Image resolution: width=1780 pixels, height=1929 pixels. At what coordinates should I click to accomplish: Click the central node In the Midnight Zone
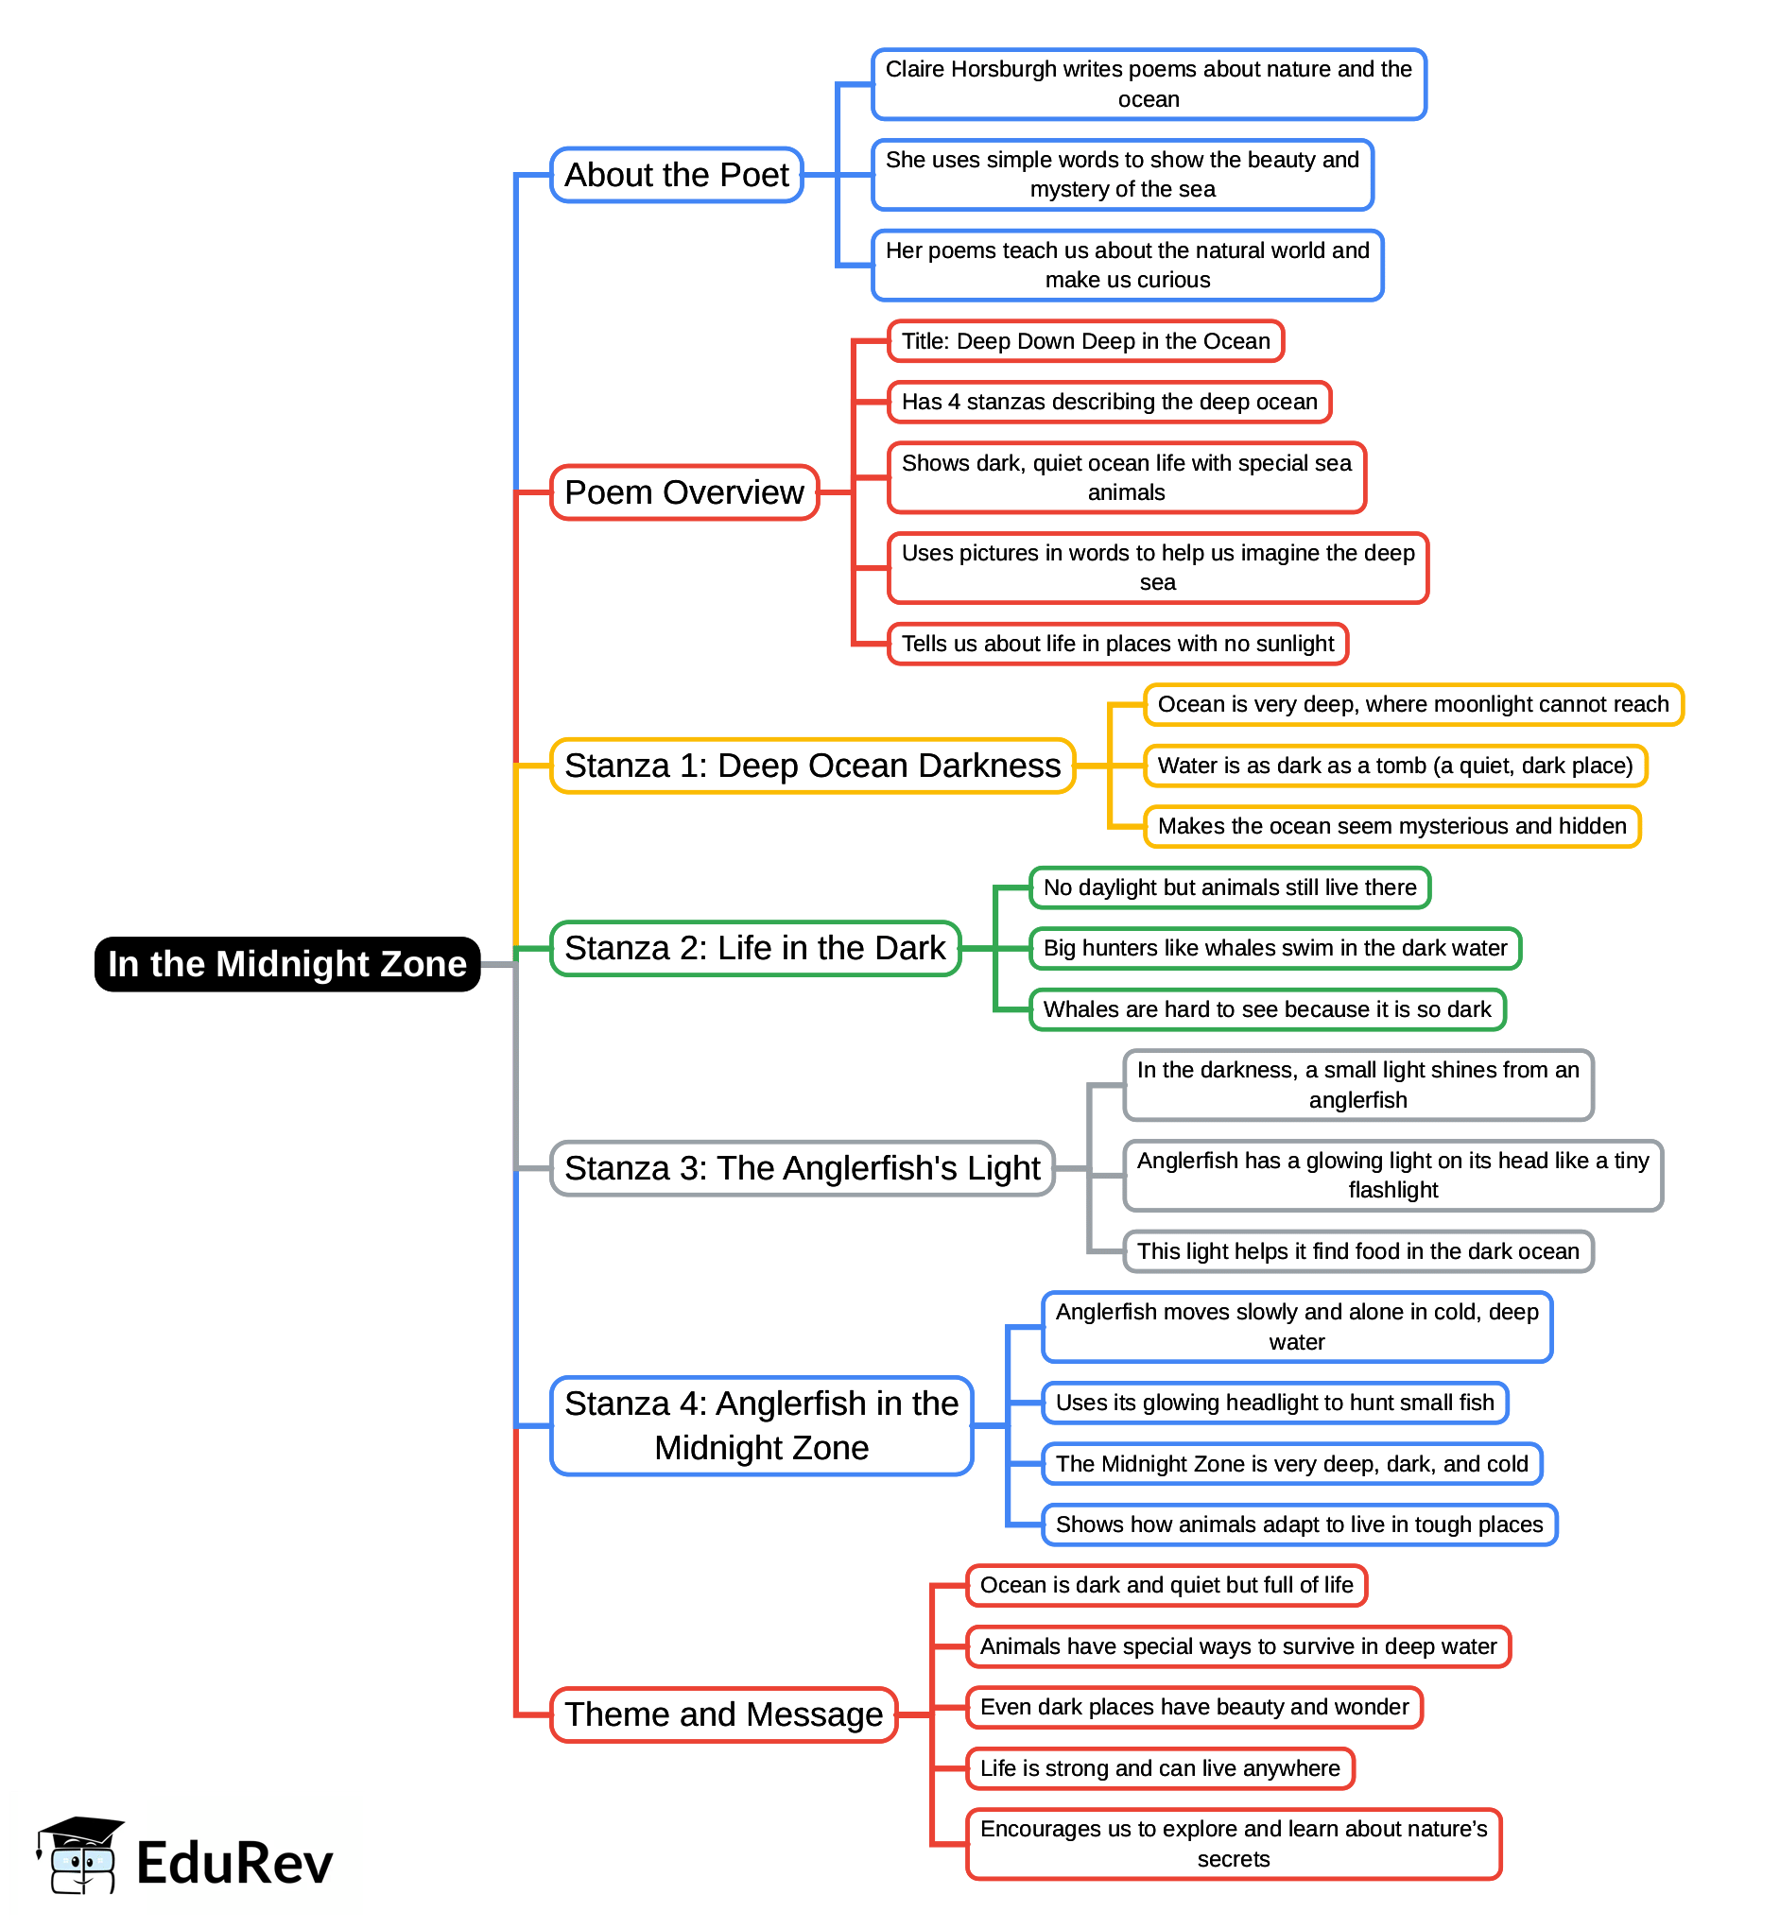point(287,964)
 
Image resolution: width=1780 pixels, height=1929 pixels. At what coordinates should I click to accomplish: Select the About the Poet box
point(676,175)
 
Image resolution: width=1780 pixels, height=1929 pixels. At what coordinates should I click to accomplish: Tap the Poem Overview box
point(683,492)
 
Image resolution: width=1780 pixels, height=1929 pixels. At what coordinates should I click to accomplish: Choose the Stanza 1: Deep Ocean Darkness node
point(812,766)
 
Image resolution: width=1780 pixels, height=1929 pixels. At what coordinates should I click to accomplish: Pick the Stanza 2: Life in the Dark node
point(755,949)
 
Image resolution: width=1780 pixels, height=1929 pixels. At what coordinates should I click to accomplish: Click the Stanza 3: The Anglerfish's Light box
point(803,1168)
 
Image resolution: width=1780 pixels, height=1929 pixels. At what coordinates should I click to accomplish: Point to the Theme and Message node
point(723,1715)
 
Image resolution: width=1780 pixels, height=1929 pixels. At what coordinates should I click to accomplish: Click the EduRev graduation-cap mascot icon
point(80,1856)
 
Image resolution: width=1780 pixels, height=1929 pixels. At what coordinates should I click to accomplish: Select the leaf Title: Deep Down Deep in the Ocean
point(1085,341)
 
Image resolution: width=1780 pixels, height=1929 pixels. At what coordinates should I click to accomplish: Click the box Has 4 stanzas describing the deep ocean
point(1109,402)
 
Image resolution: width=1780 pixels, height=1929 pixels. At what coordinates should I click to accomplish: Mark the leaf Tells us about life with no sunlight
point(1117,644)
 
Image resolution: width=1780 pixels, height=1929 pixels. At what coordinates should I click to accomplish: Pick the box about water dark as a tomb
point(1394,766)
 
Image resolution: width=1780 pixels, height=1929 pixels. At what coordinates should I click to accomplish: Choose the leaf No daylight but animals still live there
point(1229,887)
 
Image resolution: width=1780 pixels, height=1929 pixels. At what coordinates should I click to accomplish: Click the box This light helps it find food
point(1357,1251)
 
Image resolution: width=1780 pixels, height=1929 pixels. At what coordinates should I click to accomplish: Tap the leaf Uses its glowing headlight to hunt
point(1274,1403)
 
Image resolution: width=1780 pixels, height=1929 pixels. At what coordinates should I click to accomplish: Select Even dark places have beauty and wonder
point(1193,1708)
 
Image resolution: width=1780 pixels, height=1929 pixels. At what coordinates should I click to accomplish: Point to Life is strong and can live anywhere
point(1160,1768)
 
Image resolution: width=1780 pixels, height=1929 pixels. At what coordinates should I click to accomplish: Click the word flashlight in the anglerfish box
point(1392,1190)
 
